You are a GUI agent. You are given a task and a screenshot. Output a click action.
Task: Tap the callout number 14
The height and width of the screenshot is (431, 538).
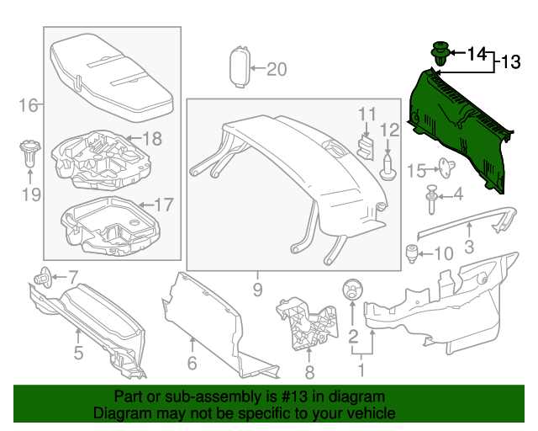click(477, 55)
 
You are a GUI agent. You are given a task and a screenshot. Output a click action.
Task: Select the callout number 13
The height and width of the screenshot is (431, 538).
click(511, 62)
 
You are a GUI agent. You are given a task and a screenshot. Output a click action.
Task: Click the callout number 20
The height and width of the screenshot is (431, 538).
click(277, 69)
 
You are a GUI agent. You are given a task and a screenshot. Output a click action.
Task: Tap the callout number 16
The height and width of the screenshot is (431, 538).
click(29, 105)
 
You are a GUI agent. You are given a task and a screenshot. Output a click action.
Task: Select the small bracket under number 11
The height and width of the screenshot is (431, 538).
click(365, 145)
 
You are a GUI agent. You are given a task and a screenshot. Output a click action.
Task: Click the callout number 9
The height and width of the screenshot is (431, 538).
click(257, 290)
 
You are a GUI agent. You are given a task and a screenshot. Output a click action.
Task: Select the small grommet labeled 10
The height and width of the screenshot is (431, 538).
click(411, 251)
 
